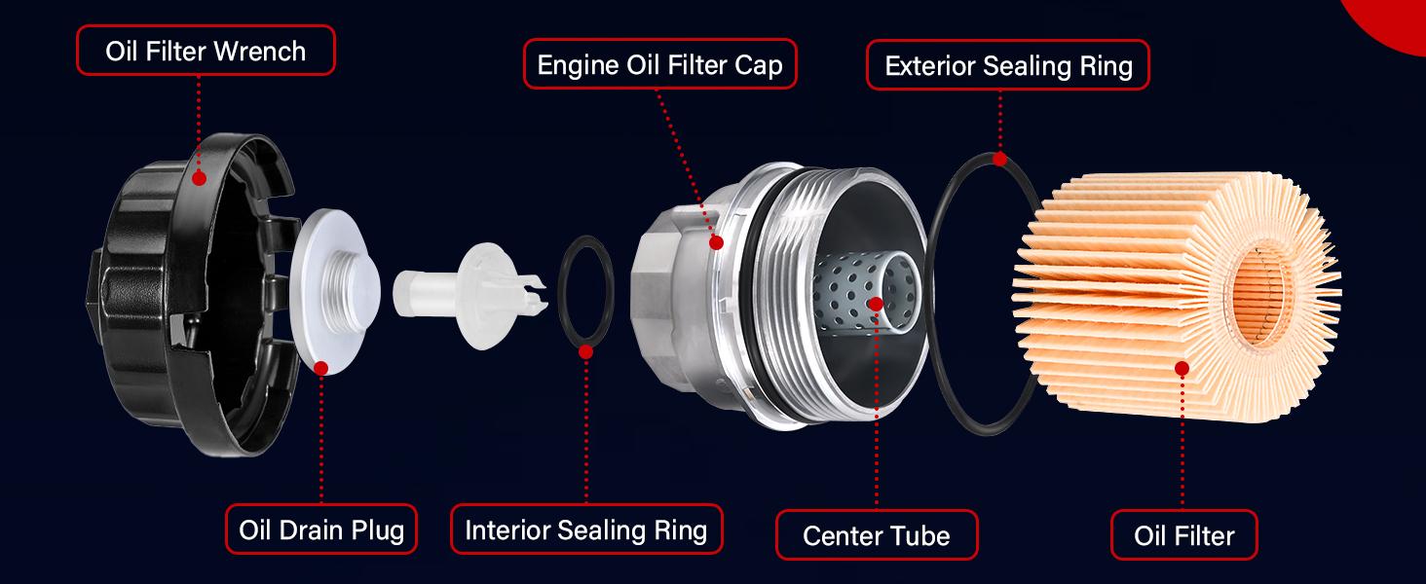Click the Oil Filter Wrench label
pos(206,51)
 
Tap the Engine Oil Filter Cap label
pos(660,65)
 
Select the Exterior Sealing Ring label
pos(1008,65)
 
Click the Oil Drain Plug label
pos(321,529)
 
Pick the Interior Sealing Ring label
pos(586,529)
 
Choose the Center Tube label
pos(876,534)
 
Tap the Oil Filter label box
pos(1183,534)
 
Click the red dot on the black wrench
pos(199,177)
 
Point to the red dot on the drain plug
pos(321,367)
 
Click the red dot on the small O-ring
pos(585,350)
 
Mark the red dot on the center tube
pos(875,304)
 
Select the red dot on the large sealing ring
pos(999,159)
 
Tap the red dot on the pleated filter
pos(1182,369)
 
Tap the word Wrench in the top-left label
pos(259,51)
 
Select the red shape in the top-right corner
pos(1393,19)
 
